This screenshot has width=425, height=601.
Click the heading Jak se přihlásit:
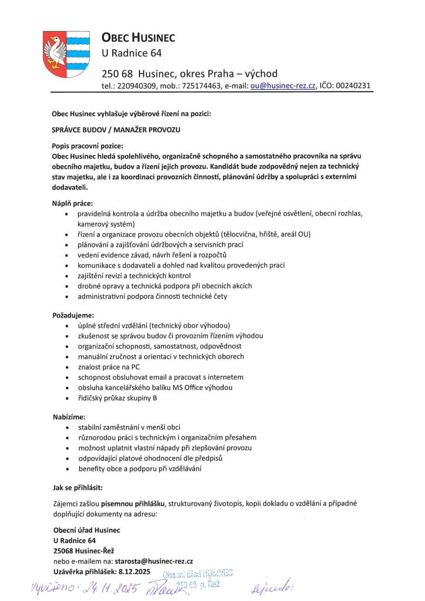click(x=79, y=487)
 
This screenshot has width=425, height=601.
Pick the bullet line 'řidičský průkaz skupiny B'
click(x=117, y=398)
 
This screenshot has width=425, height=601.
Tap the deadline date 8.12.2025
click(x=134, y=571)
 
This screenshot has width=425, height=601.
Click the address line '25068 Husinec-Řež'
click(x=83, y=551)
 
